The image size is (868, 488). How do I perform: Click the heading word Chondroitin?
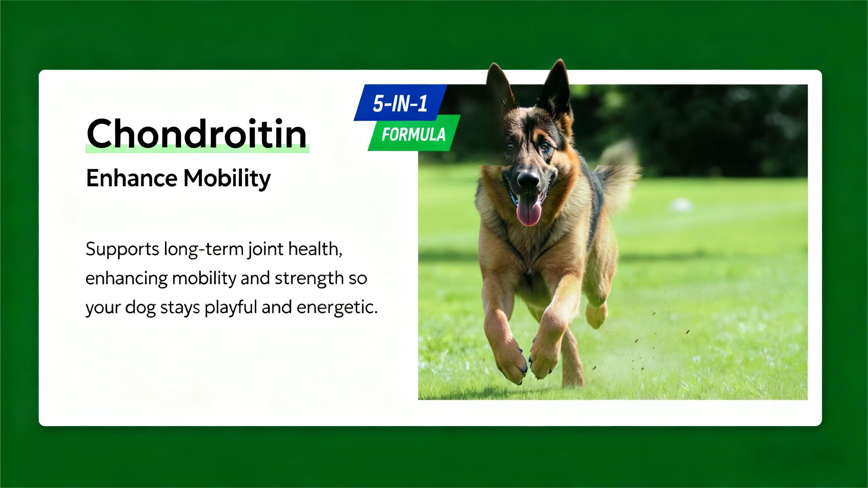197,133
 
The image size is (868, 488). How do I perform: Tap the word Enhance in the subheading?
132,178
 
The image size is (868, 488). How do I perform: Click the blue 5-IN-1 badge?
400,103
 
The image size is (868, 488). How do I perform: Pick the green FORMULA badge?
414,134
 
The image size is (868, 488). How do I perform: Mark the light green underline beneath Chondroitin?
197,149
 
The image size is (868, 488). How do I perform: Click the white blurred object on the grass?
681,204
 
